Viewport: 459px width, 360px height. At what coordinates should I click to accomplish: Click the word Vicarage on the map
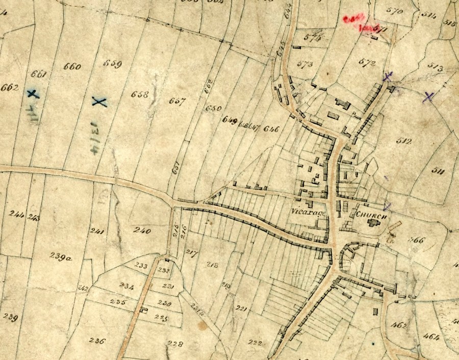309,212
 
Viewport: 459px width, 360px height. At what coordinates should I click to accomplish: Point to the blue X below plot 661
33,94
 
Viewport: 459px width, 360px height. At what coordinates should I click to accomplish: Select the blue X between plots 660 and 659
99,102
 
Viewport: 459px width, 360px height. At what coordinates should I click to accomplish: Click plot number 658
139,94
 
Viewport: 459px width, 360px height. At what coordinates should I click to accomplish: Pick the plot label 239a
61,257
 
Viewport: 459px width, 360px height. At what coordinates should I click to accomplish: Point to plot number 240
142,231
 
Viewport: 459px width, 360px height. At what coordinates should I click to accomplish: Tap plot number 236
96,341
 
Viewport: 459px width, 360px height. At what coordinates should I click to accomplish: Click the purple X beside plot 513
428,96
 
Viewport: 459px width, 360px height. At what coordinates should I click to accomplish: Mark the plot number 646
271,130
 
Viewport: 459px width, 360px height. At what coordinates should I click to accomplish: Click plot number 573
304,64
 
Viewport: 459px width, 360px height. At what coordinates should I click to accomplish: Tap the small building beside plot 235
144,310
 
